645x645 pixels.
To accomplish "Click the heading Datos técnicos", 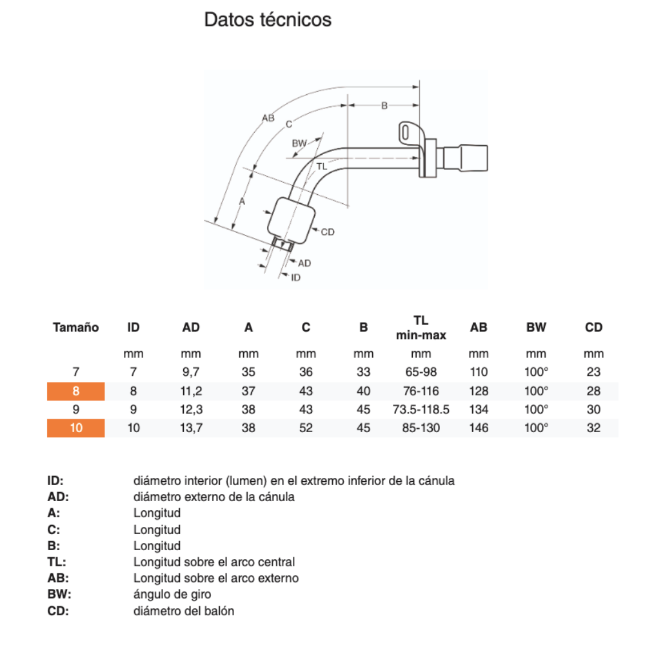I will tap(268, 20).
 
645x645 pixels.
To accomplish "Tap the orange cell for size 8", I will tap(75, 391).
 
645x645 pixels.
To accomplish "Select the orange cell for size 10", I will tap(75, 428).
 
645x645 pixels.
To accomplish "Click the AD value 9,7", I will tap(191, 372).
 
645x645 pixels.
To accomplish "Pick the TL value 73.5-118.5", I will tap(421, 410).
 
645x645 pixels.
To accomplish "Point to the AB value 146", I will tap(479, 428).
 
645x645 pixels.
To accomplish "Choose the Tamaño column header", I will tap(75, 328).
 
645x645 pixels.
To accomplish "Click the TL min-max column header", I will tap(421, 328).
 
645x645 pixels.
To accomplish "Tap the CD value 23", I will tap(593, 372).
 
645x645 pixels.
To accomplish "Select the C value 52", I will tap(306, 428).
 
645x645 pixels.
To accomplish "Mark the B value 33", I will tap(364, 372).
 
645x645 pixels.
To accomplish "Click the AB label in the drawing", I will tap(268, 118).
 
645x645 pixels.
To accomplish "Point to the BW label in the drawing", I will tap(299, 143).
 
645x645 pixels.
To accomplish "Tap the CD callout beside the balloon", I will tap(327, 232).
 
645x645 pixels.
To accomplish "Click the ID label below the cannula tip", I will tap(295, 277).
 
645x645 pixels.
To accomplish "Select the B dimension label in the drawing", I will tap(384, 105).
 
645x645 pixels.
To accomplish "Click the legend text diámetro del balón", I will tap(184, 611).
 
